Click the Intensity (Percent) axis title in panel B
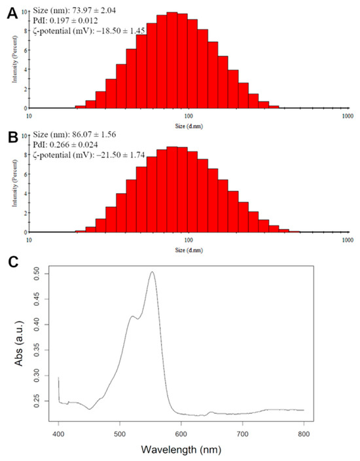click(14, 183)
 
